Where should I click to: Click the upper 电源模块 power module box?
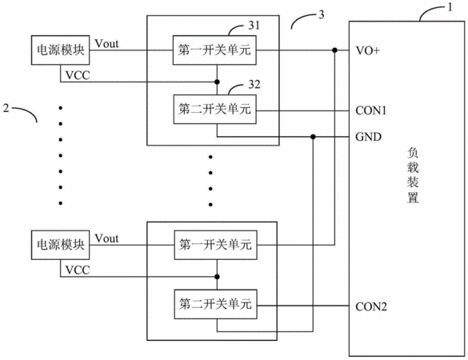pos(60,50)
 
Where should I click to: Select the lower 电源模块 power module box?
pos(60,245)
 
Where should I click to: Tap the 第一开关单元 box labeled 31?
pos(214,50)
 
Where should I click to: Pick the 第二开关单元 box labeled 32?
pos(214,109)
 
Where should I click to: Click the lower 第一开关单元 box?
pos(215,245)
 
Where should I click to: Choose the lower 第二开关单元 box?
pos(215,304)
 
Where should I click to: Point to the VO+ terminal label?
pos(367,50)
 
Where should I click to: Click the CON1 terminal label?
pos(370,110)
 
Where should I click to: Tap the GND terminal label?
pos(368,137)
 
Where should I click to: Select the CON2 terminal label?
pos(371,306)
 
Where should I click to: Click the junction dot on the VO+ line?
pos(335,50)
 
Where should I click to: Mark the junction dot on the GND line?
pos(313,137)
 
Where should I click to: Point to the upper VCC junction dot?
pos(217,82)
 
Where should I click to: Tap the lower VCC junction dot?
pos(217,277)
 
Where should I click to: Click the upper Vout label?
pos(106,43)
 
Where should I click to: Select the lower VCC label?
pos(78,270)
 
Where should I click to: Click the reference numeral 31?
pos(254,26)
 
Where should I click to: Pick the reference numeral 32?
pos(254,85)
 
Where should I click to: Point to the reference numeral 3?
pos(321,14)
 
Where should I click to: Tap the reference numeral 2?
pos(6,108)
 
